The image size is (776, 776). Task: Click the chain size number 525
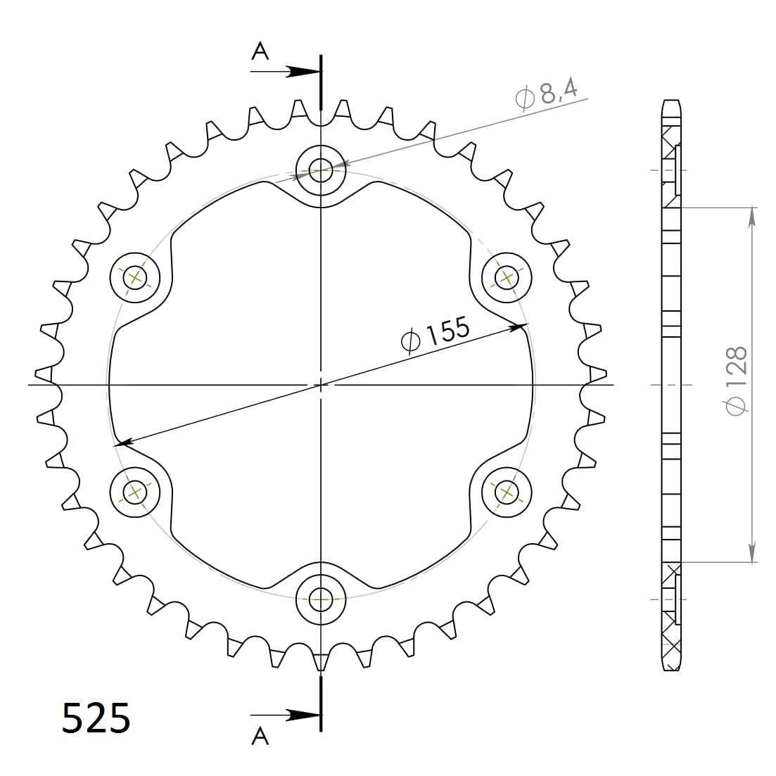[96, 718]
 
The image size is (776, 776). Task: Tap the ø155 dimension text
[435, 333]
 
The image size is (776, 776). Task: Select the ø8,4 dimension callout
[547, 96]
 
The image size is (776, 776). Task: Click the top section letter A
[260, 51]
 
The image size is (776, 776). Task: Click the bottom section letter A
[260, 736]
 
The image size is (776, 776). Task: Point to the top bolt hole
[322, 170]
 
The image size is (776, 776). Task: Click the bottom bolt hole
[322, 599]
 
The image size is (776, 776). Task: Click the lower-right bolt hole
[507, 491]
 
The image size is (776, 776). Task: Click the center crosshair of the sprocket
[322, 385]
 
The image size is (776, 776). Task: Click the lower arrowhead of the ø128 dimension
[752, 553]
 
